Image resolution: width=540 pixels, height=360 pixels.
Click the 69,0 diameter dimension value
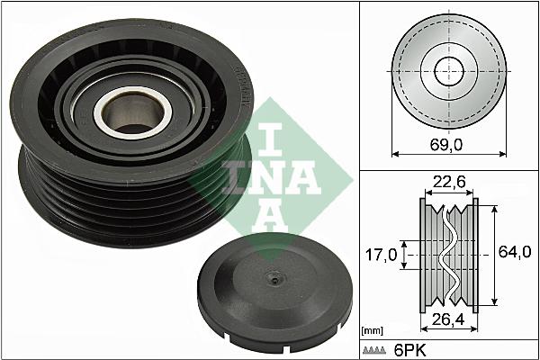pos(446,143)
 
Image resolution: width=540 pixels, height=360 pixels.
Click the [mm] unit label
pos(372,331)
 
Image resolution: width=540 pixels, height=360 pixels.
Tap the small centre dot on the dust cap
pos(271,281)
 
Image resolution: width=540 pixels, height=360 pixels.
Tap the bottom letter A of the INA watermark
pos(268,214)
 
